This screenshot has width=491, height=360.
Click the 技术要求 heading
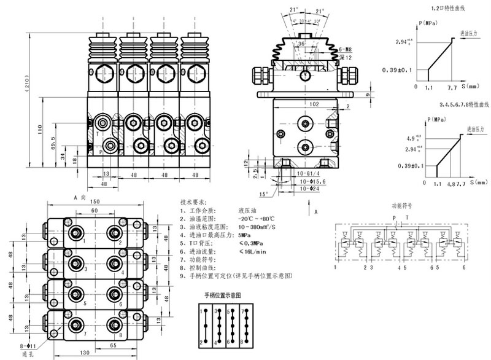[x=194, y=202]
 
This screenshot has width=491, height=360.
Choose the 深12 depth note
[x=345, y=57]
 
